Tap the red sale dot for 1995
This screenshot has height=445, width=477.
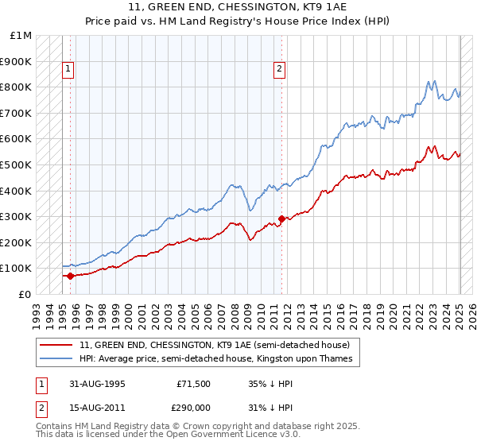click(70, 276)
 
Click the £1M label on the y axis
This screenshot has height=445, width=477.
click(21, 35)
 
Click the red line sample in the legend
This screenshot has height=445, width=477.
click(57, 346)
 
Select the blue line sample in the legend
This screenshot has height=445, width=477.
click(57, 359)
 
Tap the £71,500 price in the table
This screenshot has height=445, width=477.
click(194, 384)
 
